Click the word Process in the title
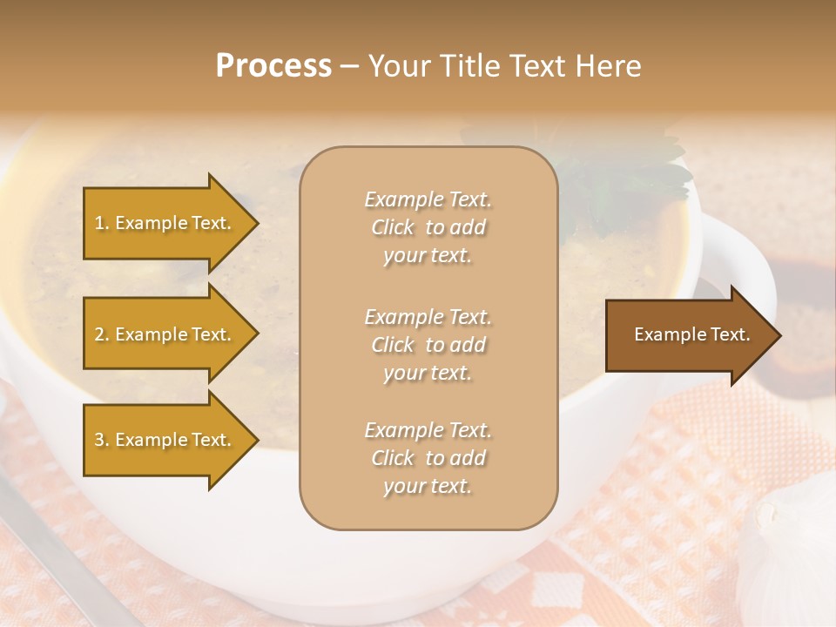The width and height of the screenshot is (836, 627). point(273,66)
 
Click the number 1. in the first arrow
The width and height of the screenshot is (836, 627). point(101,223)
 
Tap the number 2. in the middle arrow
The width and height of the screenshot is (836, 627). point(101,334)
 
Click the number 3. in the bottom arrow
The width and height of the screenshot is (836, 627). point(101,440)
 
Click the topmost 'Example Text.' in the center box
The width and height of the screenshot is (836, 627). point(428,200)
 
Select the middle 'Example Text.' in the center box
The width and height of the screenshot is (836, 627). point(428,317)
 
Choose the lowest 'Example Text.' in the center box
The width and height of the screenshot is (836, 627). point(428,430)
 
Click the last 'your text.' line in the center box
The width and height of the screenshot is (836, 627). point(428,486)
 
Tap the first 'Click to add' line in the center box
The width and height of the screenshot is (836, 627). point(428,228)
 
